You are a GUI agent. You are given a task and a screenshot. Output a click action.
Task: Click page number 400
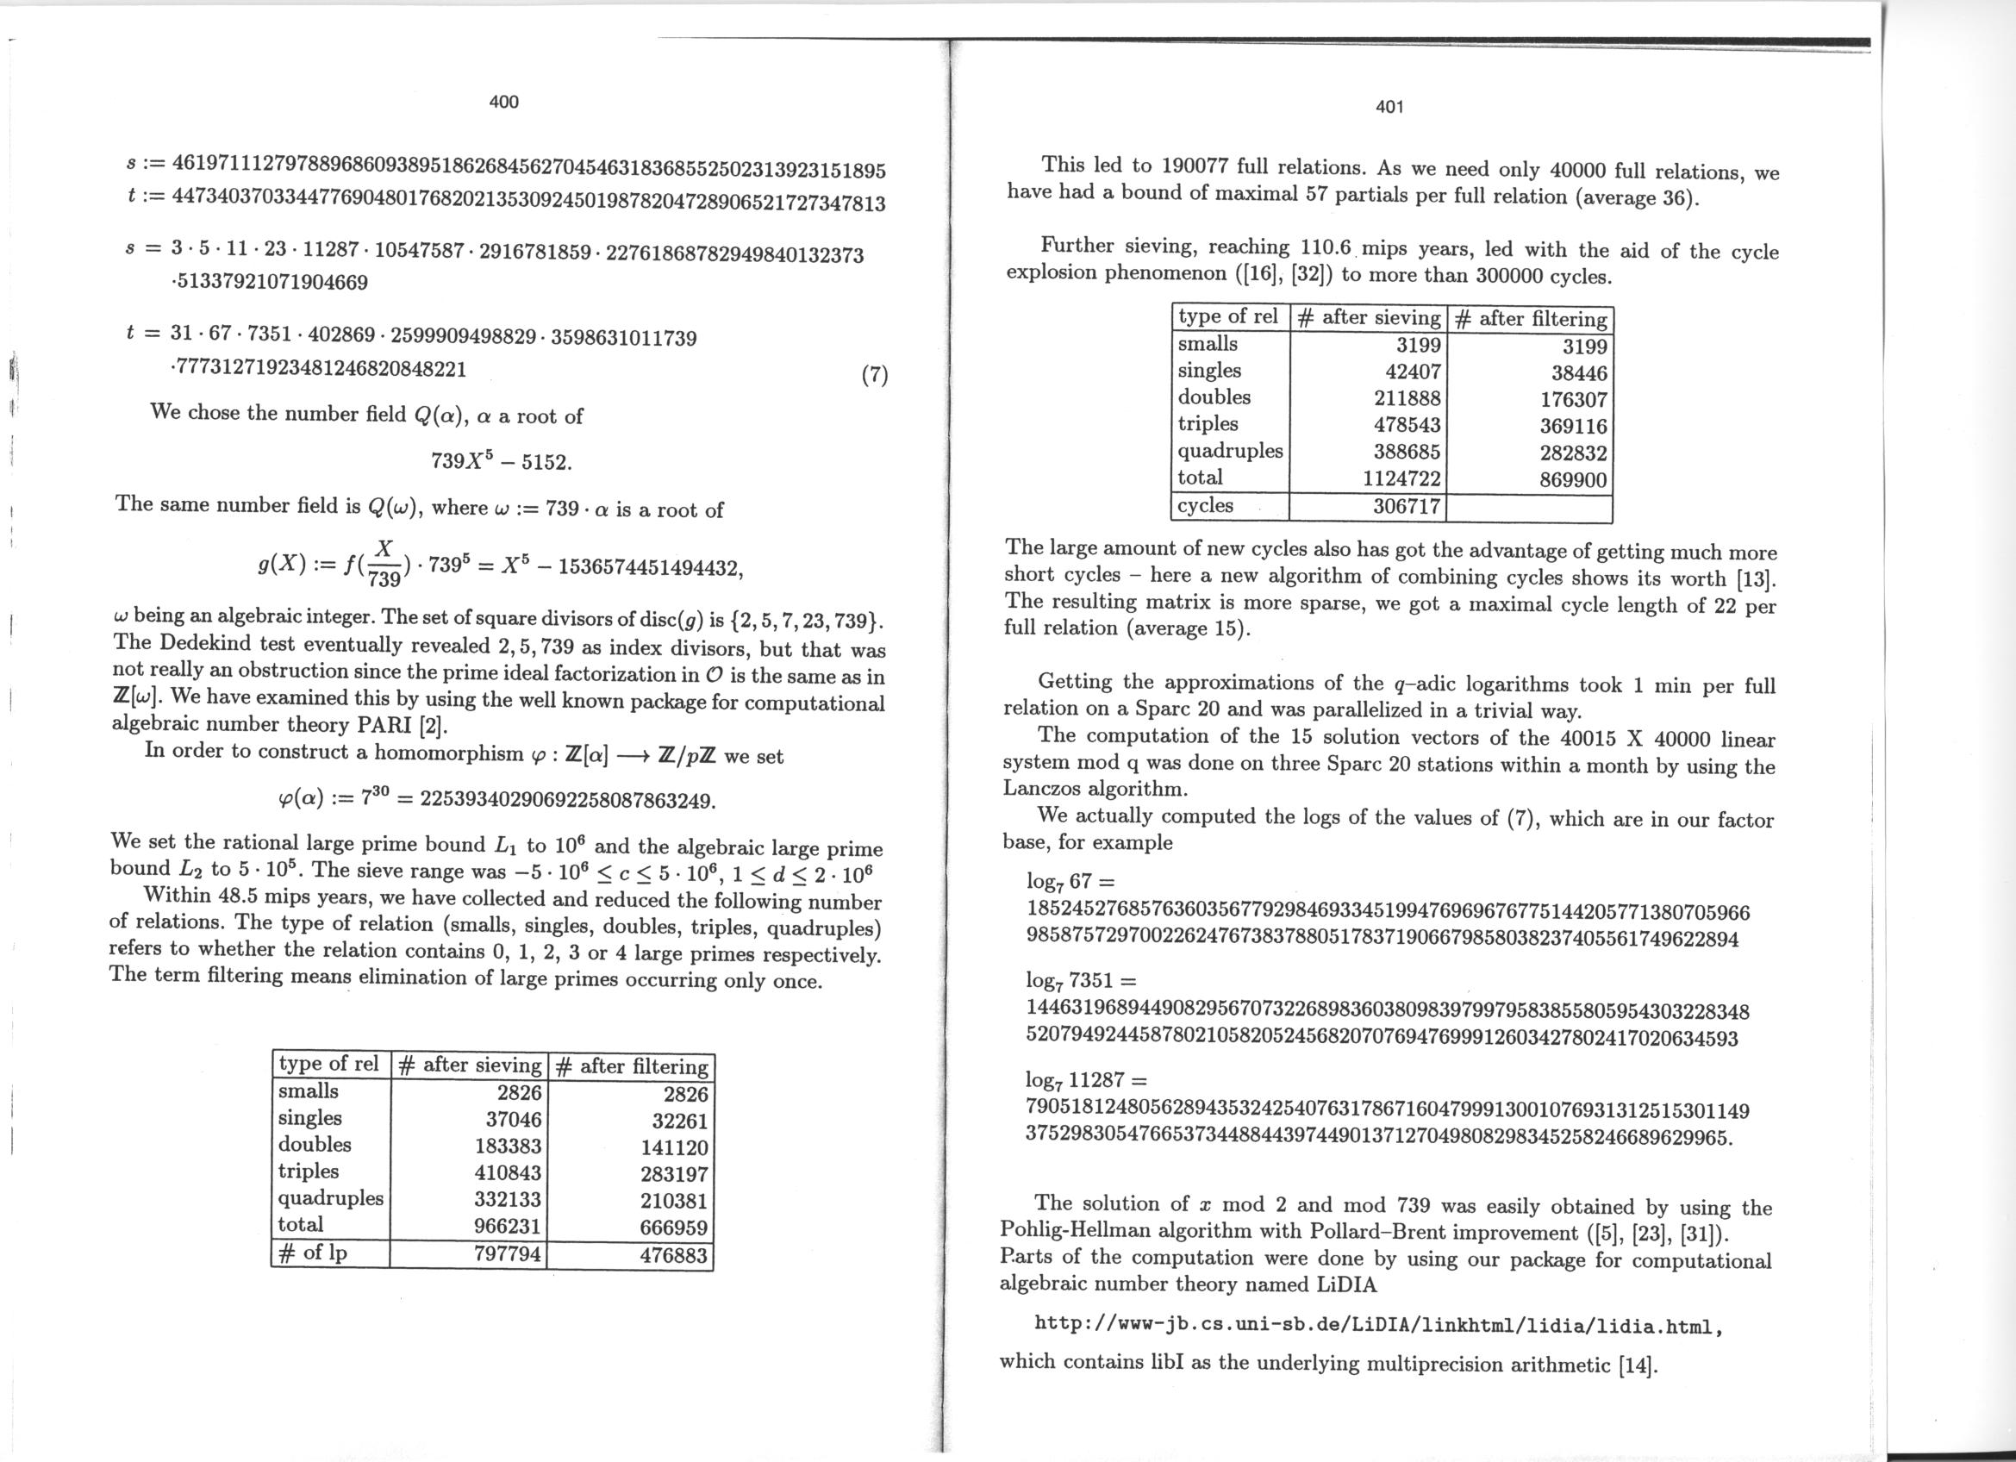tap(503, 103)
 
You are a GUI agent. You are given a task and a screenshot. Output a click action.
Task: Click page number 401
tap(1389, 108)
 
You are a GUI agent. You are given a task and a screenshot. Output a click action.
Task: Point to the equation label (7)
tap(875, 376)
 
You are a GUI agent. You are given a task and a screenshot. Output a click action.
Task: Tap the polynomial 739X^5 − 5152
tap(502, 461)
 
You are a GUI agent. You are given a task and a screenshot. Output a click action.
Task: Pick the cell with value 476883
tap(673, 1255)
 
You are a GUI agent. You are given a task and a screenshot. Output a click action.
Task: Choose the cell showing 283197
tap(673, 1175)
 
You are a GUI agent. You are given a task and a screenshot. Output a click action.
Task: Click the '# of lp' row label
tap(312, 1253)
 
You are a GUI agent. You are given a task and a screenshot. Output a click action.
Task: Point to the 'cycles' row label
tap(1205, 506)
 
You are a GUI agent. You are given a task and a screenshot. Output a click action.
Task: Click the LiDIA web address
tap(1379, 1327)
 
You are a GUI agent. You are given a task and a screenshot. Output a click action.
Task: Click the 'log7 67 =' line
tap(1070, 882)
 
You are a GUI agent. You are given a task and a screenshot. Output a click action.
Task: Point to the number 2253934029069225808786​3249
tap(566, 800)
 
